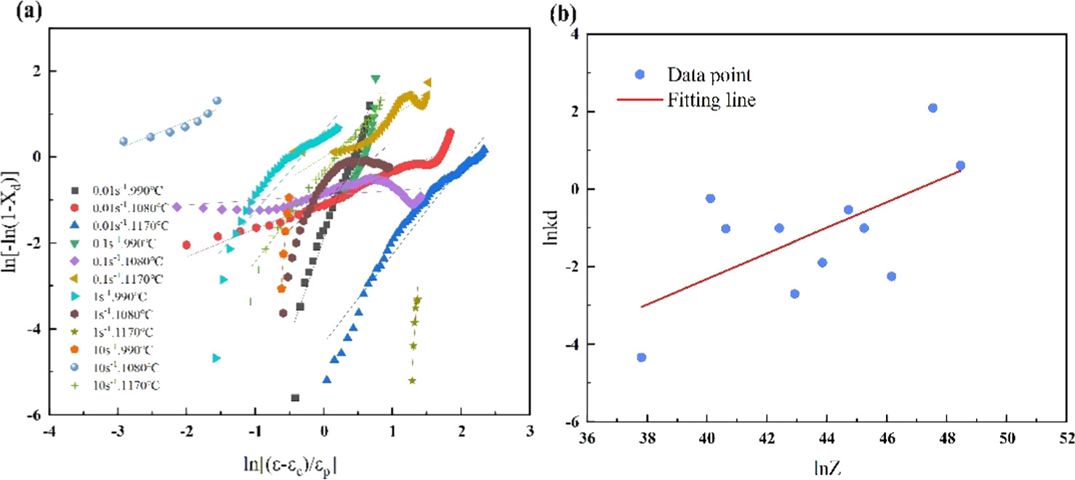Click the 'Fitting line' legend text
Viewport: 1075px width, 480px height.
pyautogui.click(x=711, y=100)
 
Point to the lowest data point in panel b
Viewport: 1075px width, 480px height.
pyautogui.click(x=641, y=357)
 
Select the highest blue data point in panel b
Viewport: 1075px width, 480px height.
pyautogui.click(x=933, y=108)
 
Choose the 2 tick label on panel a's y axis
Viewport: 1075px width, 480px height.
pyautogui.click(x=33, y=71)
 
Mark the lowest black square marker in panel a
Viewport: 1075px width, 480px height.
pyautogui.click(x=295, y=398)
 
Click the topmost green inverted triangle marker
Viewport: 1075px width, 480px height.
pyautogui.click(x=375, y=78)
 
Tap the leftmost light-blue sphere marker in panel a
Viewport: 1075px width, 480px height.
pyautogui.click(x=124, y=142)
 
